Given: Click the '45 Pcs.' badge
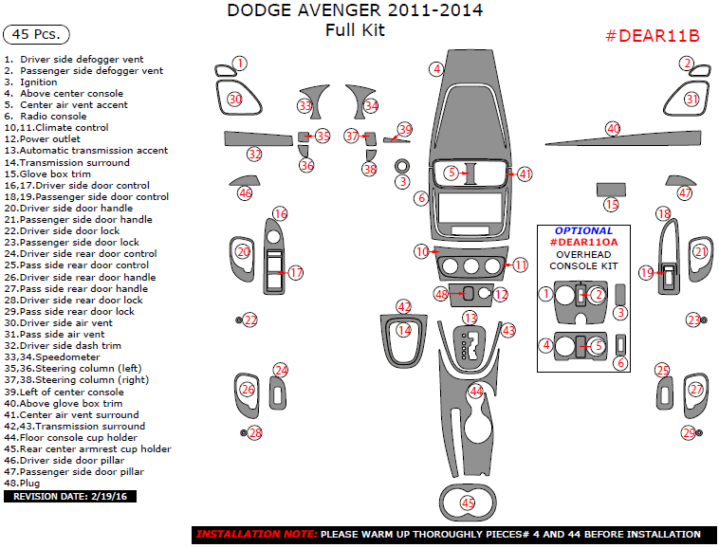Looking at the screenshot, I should pos(37,34).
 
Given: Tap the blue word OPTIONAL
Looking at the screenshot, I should pos(583,230).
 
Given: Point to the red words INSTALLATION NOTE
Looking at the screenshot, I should pos(256,535).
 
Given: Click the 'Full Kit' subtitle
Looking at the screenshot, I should pos(354,29).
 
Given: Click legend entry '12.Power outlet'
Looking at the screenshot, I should pos(42,139).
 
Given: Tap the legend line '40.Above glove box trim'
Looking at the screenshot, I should pos(64,403).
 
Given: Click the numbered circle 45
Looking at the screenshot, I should pos(468,502).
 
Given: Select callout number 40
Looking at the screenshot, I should pos(613,128).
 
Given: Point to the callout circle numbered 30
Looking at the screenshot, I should pos(234,99).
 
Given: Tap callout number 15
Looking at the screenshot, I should pos(611,204).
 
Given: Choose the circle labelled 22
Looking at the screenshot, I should pos(250,320).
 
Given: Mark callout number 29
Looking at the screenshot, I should pos(688,432).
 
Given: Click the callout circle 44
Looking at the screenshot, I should pos(476,391).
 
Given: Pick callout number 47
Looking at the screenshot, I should pos(685,192).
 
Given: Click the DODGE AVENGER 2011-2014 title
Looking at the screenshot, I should pos(354,11).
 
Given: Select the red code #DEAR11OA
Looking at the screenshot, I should pos(583,243).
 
